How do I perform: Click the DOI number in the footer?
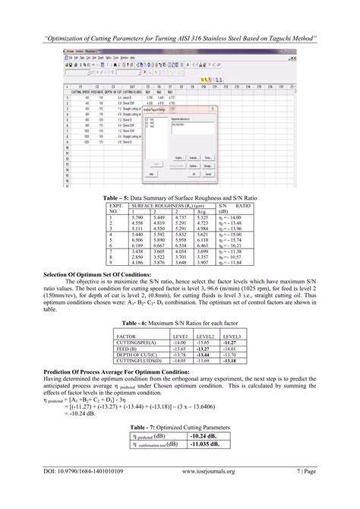(x=83, y=492)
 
